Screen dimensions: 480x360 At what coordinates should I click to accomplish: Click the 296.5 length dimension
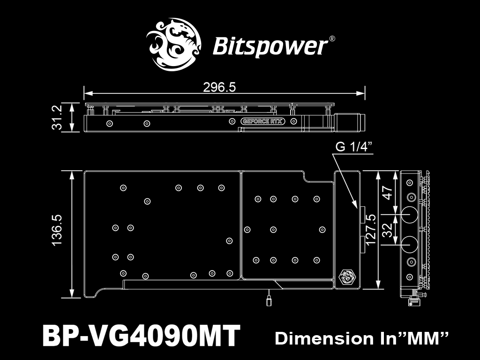pos(219,87)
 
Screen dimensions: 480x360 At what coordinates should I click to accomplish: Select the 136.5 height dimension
pos(57,230)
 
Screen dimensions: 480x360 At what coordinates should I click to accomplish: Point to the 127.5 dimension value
pos(370,229)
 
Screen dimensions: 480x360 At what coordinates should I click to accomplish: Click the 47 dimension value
pos(388,193)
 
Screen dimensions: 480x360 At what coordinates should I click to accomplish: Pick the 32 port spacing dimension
pos(388,230)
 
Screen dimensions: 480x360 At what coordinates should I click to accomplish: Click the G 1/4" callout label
pos(354,147)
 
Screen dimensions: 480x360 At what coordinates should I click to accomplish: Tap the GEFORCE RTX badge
pos(262,121)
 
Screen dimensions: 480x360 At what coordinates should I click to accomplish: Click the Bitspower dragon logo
pos(173,45)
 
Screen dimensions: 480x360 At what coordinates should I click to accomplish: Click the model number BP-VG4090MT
pos(141,336)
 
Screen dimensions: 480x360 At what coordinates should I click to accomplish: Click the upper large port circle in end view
pos(409,214)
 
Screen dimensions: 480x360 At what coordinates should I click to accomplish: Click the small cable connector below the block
pos(269,300)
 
